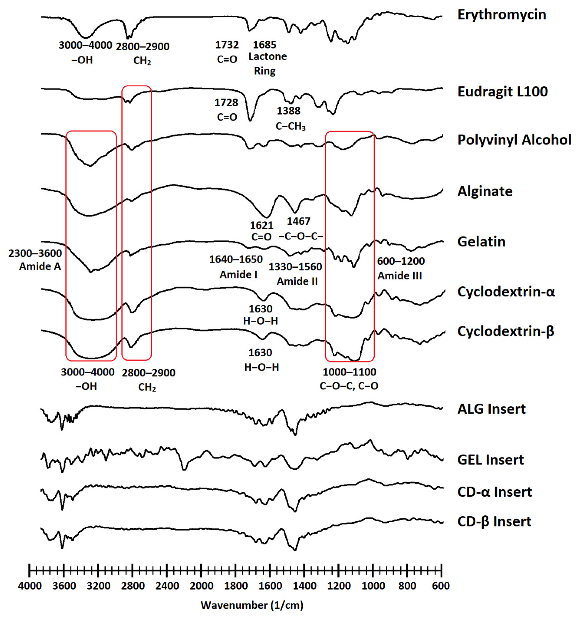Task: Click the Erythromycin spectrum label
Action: [x=501, y=15]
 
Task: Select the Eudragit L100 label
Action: [x=502, y=92]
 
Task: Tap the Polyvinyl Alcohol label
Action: [x=514, y=140]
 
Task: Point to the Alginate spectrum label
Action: [x=485, y=191]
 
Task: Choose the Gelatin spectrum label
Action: [x=481, y=242]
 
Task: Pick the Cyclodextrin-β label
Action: [x=506, y=331]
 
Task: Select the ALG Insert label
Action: [x=491, y=409]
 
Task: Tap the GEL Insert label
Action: [x=491, y=460]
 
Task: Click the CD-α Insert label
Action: [x=495, y=492]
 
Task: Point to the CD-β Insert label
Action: [x=494, y=521]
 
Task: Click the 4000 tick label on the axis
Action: [x=30, y=586]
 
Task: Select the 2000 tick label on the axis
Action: [x=201, y=586]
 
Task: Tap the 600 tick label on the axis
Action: [x=441, y=586]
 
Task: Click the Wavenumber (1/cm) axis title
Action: [x=252, y=605]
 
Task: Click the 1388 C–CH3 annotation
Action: [x=290, y=119]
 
